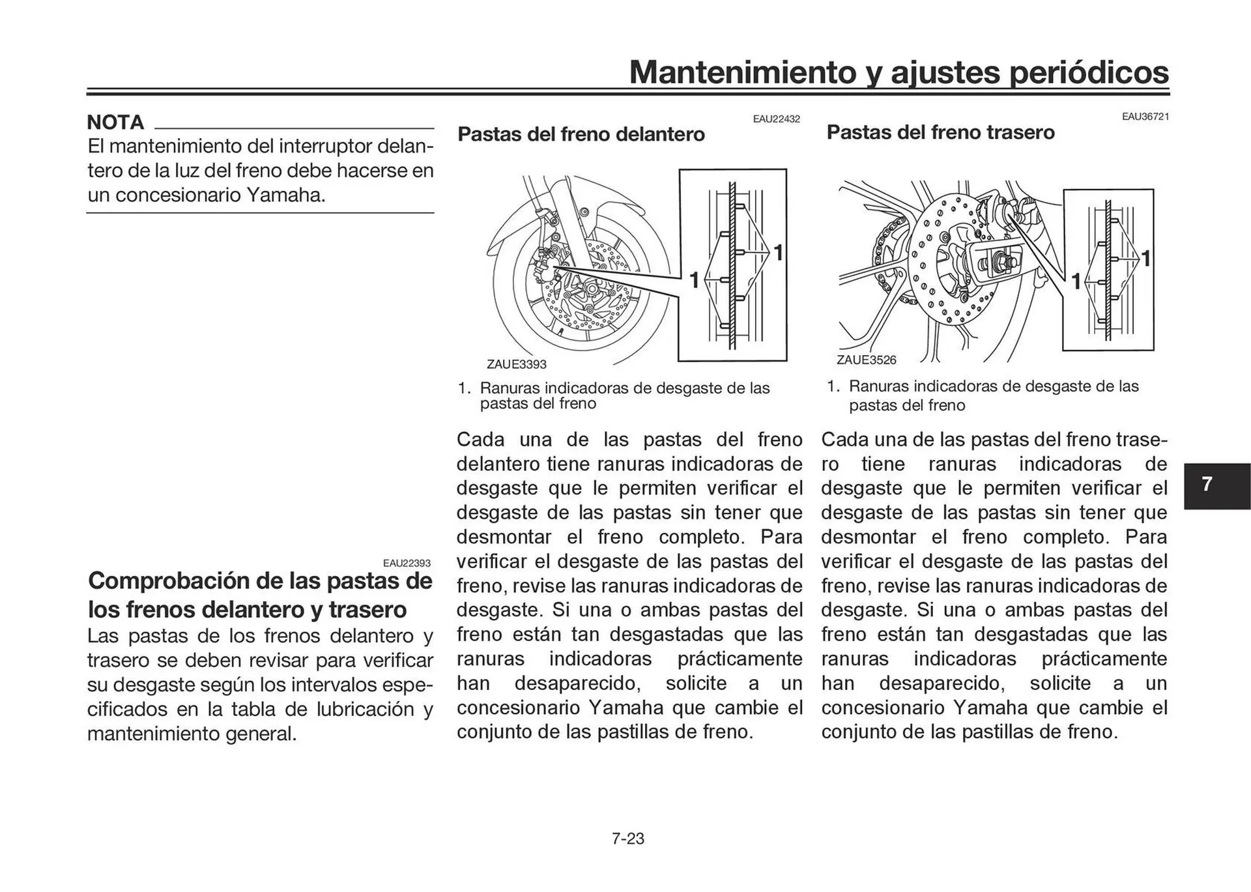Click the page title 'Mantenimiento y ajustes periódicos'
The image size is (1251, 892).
[899, 72]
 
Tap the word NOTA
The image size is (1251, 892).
[115, 122]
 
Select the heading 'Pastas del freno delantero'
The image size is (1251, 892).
[581, 134]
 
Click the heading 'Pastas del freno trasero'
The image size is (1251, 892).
[940, 132]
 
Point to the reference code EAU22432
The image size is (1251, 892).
[776, 119]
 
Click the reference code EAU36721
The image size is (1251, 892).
[1145, 117]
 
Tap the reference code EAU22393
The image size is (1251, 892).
[407, 563]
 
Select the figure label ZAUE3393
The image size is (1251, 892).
[516, 364]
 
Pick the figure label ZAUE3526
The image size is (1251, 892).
[866, 360]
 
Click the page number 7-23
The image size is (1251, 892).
[627, 839]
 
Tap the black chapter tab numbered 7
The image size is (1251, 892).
[1207, 484]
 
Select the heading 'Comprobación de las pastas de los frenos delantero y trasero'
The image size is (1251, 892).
[259, 594]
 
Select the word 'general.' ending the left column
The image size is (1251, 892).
[261, 734]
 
